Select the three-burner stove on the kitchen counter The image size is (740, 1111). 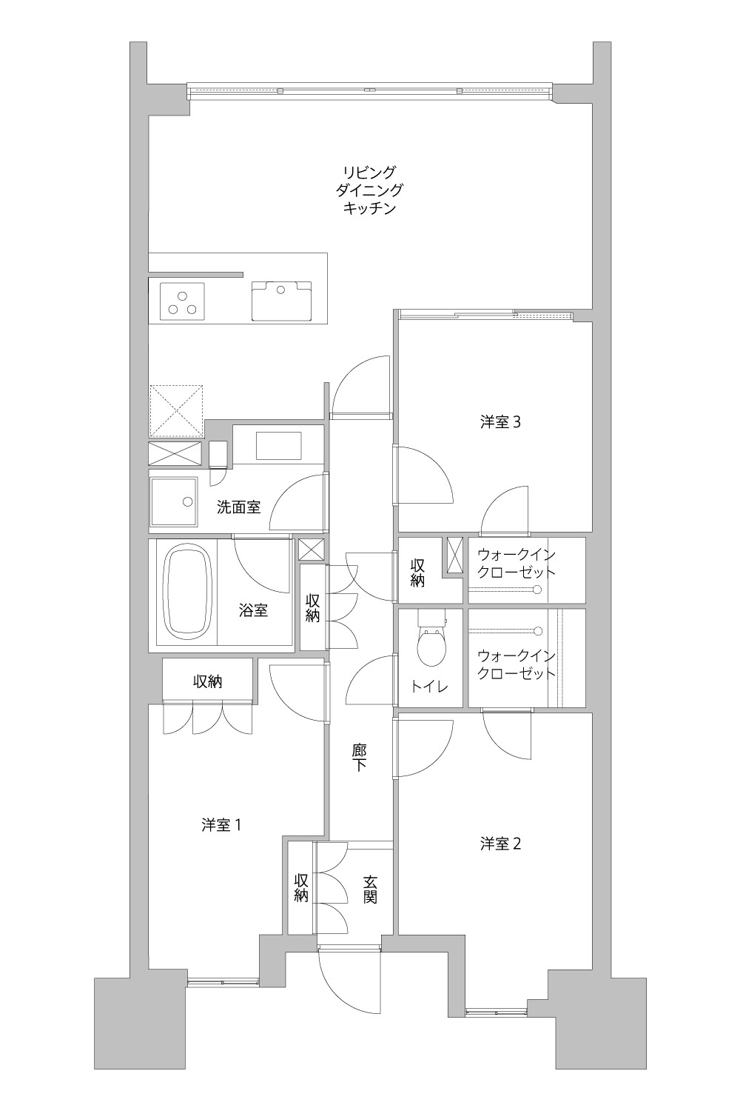pos(182,301)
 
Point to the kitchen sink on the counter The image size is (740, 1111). pos(281,300)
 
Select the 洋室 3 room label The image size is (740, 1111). pos(500,422)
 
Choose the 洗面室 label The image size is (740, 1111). pos(239,507)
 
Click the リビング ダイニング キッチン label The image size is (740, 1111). pos(370,190)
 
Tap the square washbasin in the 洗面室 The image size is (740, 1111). pos(174,502)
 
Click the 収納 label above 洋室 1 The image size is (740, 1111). pos(208,682)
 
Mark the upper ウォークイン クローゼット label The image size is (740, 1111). pos(517,563)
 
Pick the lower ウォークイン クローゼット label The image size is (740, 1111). pos(517,664)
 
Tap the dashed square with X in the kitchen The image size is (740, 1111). pos(176,411)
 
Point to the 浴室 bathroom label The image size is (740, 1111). pos(253,610)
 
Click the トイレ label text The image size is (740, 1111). pos(430,687)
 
